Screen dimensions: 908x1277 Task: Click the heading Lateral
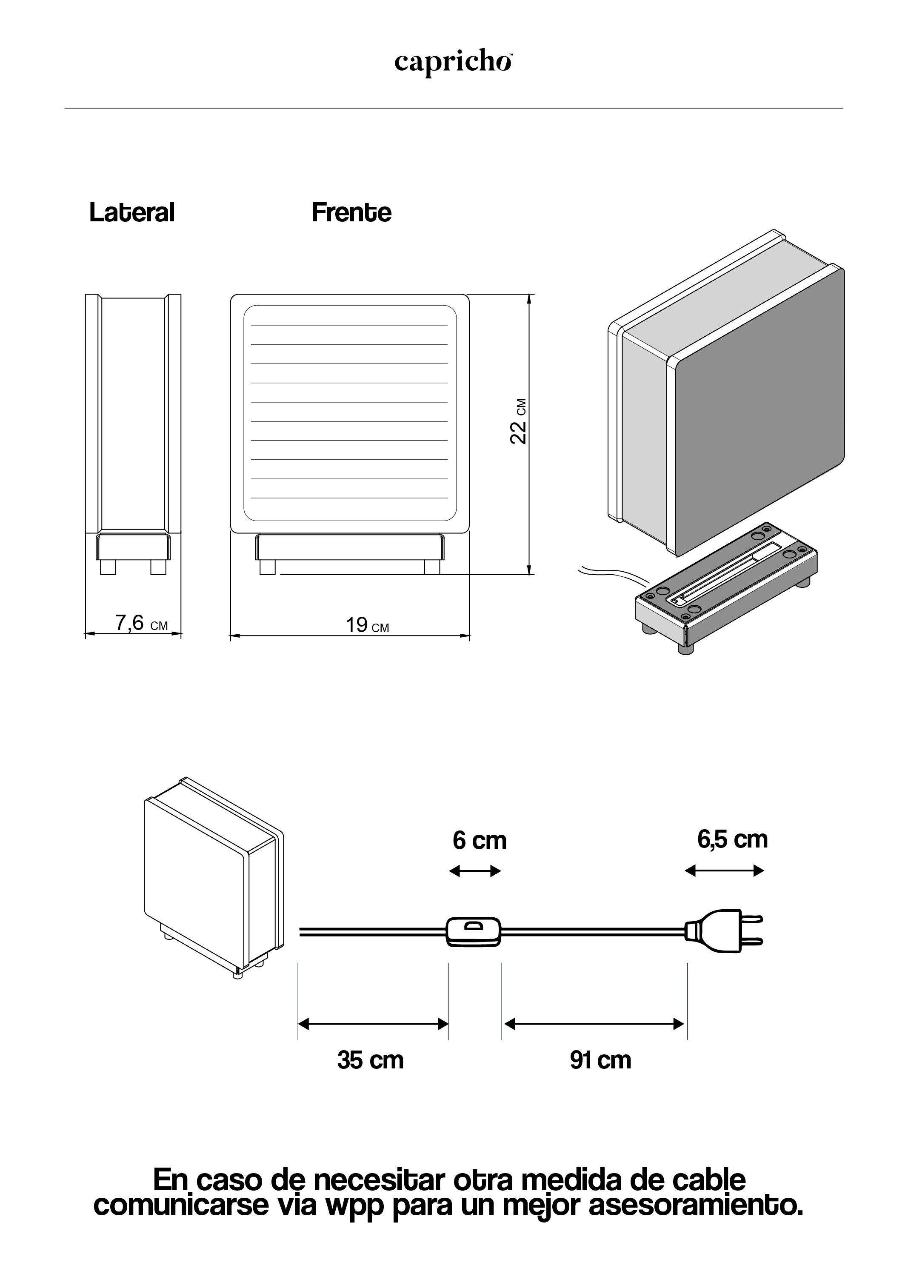[132, 212]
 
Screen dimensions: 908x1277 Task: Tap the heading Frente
[351, 212]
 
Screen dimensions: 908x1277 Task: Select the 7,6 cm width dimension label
[141, 623]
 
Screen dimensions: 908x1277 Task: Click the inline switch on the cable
[474, 931]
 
